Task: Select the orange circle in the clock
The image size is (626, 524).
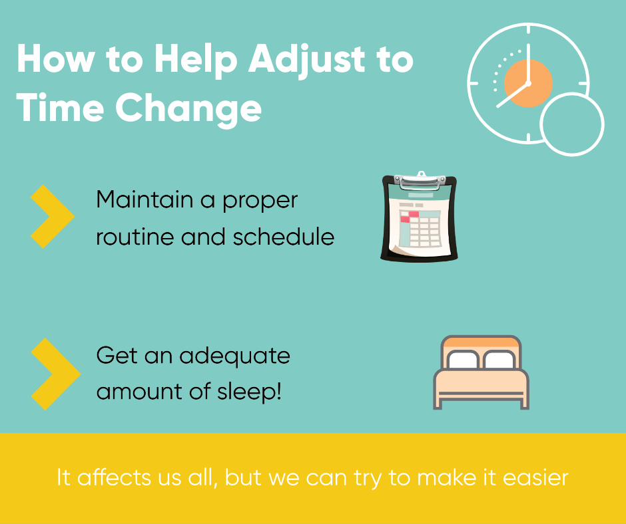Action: [x=528, y=83]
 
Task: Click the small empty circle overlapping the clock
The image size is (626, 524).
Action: [x=571, y=124]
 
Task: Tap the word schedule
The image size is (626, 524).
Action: [x=284, y=237]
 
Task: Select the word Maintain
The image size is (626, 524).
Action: [x=145, y=199]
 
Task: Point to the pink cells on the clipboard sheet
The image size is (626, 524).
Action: [x=409, y=217]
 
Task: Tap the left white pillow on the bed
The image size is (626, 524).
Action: [x=463, y=360]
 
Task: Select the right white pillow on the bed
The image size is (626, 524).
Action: [x=499, y=360]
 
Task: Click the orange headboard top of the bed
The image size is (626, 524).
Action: [x=481, y=342]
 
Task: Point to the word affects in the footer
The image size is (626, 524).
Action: [x=114, y=477]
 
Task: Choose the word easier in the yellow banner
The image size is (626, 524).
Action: [x=535, y=477]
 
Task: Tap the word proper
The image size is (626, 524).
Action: [x=260, y=201]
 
